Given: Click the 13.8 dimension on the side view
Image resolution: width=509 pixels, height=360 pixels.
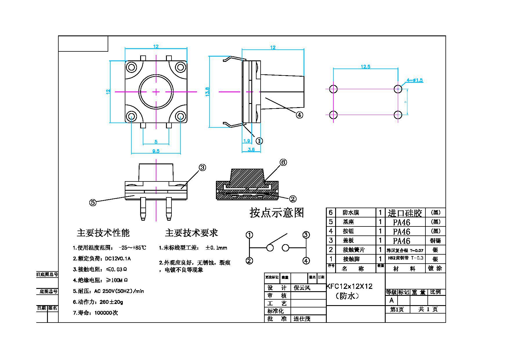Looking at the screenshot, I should tap(207, 92).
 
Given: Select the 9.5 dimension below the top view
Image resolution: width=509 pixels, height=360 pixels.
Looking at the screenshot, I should tap(156, 151).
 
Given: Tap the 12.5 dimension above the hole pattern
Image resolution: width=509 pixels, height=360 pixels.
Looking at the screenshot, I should tap(365, 67).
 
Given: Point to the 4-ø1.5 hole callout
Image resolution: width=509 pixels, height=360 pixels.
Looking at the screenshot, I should tap(415, 80).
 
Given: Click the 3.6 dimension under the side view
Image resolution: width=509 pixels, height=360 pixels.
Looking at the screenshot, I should tap(251, 150).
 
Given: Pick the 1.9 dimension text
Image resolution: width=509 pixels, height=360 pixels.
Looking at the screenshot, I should tap(247, 141).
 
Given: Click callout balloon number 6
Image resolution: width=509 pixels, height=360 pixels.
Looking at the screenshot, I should tap(283, 162).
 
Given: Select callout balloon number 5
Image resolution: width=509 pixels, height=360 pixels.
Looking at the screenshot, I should tap(93, 202).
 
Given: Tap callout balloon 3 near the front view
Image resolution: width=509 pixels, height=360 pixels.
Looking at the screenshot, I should tap(202, 168).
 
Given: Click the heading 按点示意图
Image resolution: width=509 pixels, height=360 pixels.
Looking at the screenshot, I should tap(277, 213).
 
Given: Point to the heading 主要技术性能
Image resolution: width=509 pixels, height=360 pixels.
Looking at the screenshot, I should tap(103, 233).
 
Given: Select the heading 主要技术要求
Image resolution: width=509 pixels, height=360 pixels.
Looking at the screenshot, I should tap(191, 233).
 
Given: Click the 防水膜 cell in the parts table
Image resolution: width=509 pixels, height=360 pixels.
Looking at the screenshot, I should tap(351, 213).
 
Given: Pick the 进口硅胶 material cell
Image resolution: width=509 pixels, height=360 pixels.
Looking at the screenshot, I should tap(405, 213).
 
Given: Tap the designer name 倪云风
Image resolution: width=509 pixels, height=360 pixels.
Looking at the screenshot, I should tap(302, 288).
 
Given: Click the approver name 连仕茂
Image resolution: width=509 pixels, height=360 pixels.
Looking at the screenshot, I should tap(302, 319).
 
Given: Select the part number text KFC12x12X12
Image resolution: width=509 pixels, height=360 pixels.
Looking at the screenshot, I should tap(349, 287).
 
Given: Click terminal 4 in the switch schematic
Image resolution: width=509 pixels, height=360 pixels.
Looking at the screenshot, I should tap(306, 261).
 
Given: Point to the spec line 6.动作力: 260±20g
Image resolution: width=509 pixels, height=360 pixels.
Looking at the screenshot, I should tap(98, 302).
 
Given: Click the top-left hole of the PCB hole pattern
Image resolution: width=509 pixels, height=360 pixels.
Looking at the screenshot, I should tap(333, 89).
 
